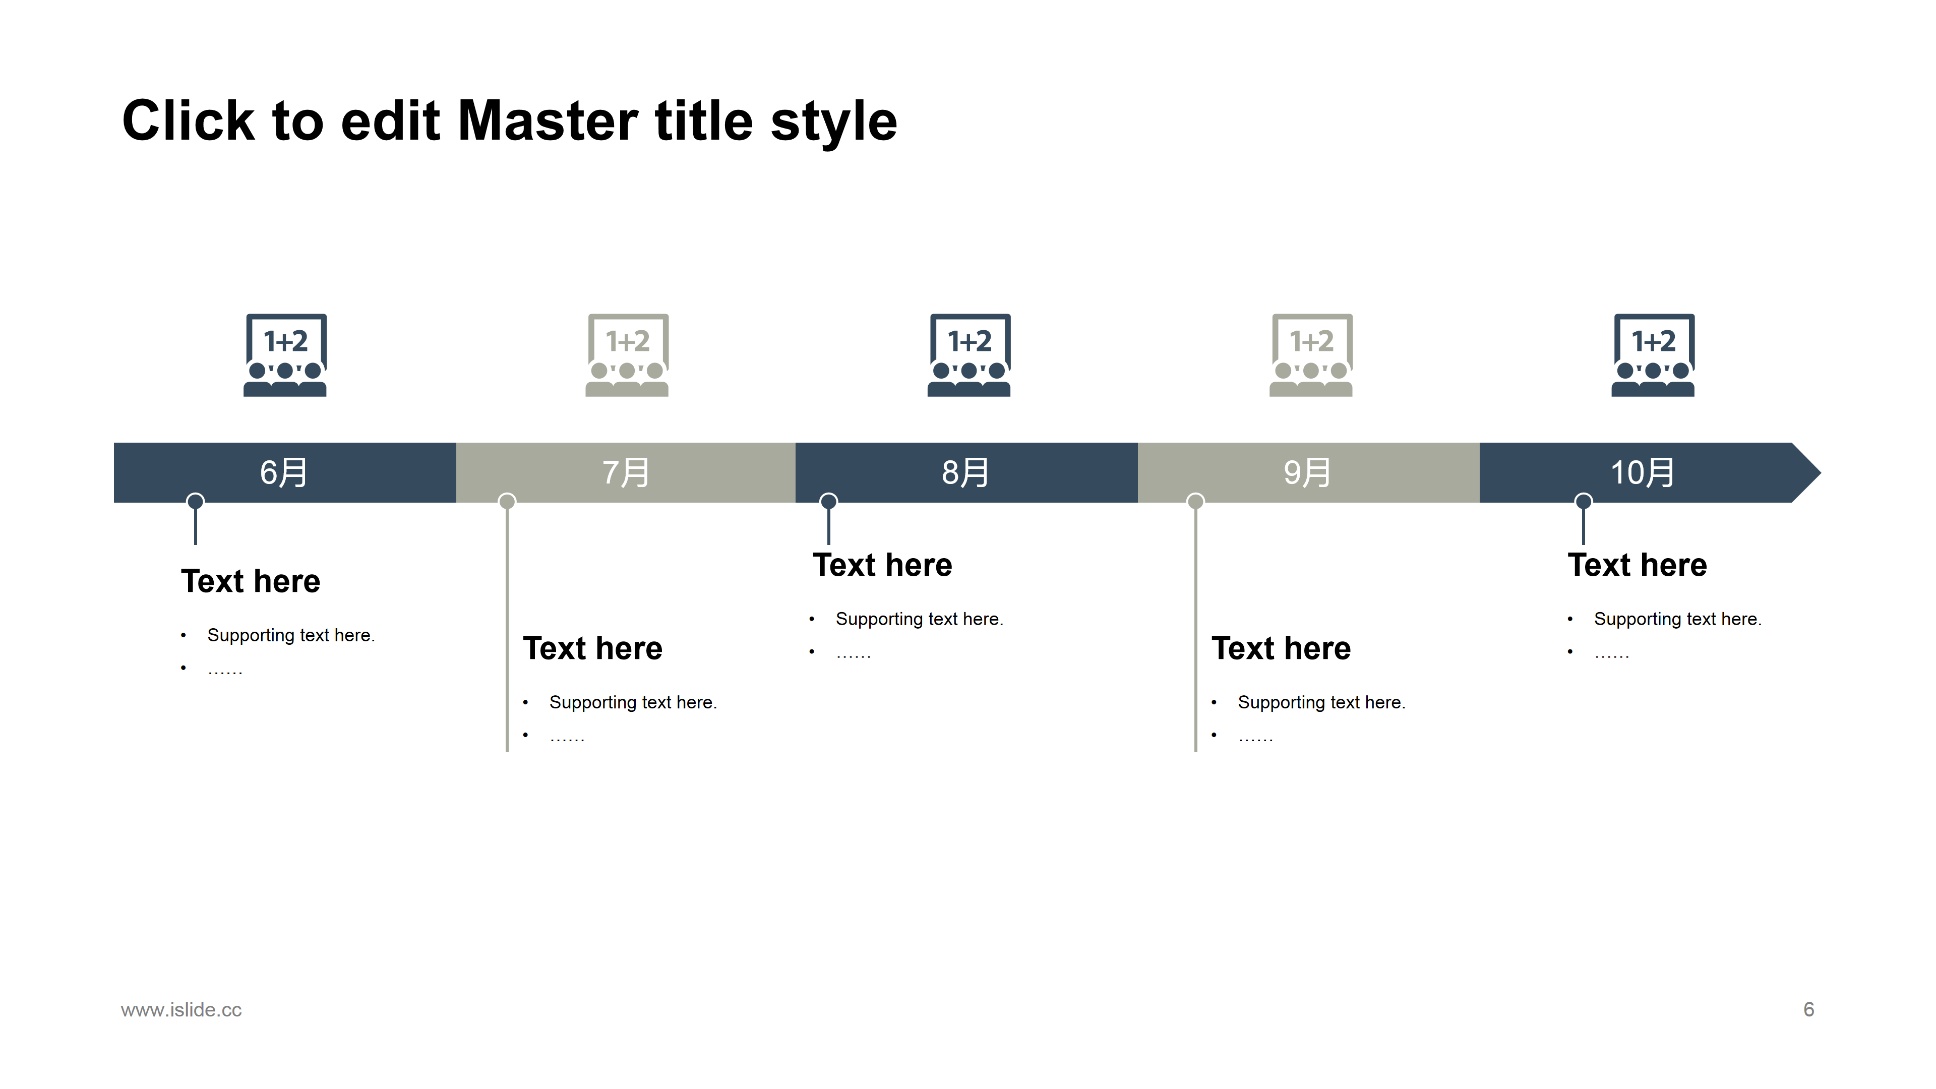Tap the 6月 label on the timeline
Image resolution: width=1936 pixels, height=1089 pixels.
point(284,473)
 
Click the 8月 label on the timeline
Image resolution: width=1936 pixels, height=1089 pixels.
point(966,473)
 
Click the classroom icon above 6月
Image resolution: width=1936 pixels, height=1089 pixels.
point(285,355)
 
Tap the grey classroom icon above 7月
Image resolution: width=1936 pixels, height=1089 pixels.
point(627,355)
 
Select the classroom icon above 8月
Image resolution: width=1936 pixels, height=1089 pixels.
point(969,355)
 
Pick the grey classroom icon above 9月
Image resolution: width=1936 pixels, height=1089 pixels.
point(1311,355)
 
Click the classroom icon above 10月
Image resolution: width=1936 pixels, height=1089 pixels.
point(1653,355)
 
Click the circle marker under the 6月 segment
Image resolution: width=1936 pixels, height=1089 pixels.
point(196,501)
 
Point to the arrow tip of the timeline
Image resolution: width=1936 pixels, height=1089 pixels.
point(1821,473)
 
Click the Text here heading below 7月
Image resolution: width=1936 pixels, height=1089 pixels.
point(593,648)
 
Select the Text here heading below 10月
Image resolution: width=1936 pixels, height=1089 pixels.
point(1638,565)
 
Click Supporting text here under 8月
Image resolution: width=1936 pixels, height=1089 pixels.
point(919,619)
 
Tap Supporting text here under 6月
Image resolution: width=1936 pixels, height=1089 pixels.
point(291,636)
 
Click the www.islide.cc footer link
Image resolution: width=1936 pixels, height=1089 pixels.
point(181,1009)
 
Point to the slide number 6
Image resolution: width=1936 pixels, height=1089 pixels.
point(1809,1009)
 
